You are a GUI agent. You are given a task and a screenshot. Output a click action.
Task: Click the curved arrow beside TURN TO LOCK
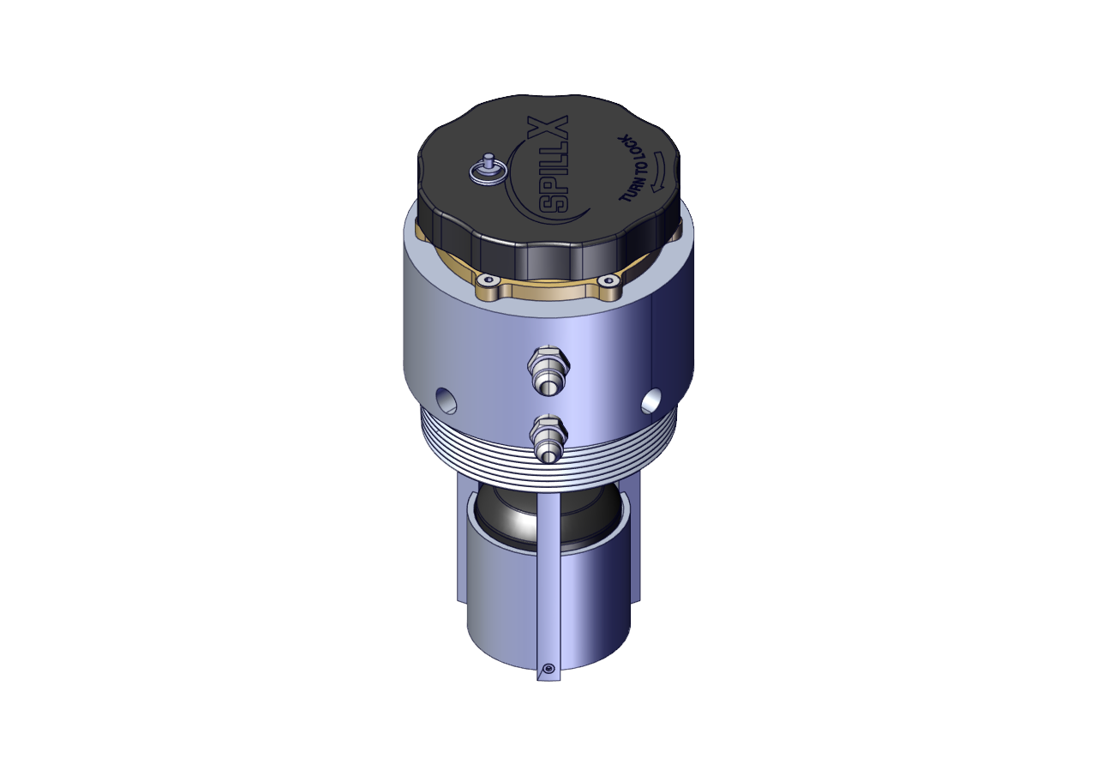pyautogui.click(x=656, y=171)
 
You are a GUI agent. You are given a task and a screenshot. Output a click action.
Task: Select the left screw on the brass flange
pyautogui.click(x=488, y=280)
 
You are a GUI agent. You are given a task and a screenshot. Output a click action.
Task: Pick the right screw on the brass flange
pyautogui.click(x=608, y=280)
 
